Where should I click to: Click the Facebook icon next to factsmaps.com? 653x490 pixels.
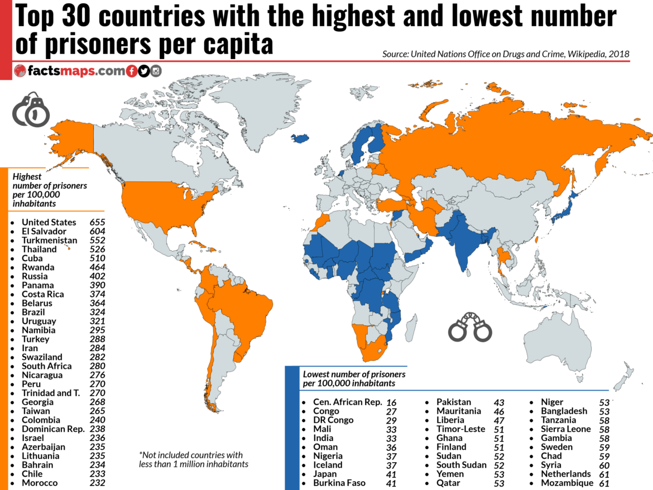tap(132, 71)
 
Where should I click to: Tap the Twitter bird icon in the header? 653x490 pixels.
tap(144, 71)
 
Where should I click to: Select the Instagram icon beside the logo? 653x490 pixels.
tap(156, 71)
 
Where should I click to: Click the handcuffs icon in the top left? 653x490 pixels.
tap(31, 109)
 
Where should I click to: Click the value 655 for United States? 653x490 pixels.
tap(97, 222)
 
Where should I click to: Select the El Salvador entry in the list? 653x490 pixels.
tap(44, 231)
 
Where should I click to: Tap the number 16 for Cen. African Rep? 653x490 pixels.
tap(391, 402)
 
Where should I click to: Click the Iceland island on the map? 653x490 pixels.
tap(301, 138)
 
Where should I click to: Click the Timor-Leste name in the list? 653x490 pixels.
tap(460, 429)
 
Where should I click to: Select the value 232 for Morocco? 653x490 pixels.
tap(97, 483)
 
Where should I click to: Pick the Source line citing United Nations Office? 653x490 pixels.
tap(506, 54)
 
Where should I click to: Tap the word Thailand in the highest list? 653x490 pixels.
tap(39, 249)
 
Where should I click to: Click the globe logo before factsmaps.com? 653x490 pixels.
tap(20, 71)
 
